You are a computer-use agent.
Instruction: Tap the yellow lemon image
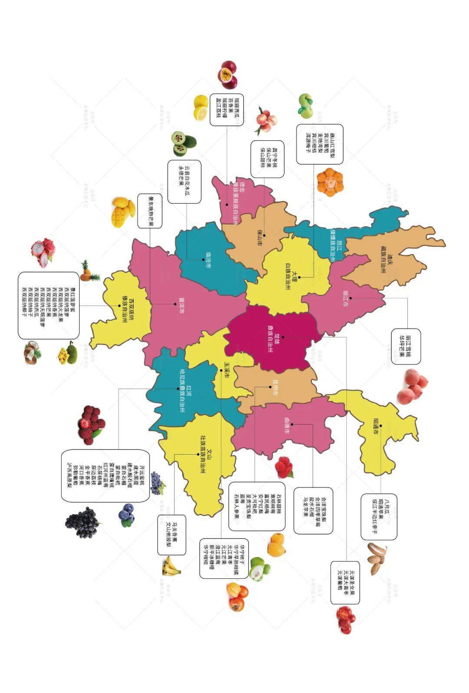[201, 107]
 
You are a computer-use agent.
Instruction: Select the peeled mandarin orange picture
[330, 182]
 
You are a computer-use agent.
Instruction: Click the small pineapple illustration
[88, 271]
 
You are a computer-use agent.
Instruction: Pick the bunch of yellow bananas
[171, 565]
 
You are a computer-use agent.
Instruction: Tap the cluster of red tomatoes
[346, 619]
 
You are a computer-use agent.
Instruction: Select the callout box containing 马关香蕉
[171, 535]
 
